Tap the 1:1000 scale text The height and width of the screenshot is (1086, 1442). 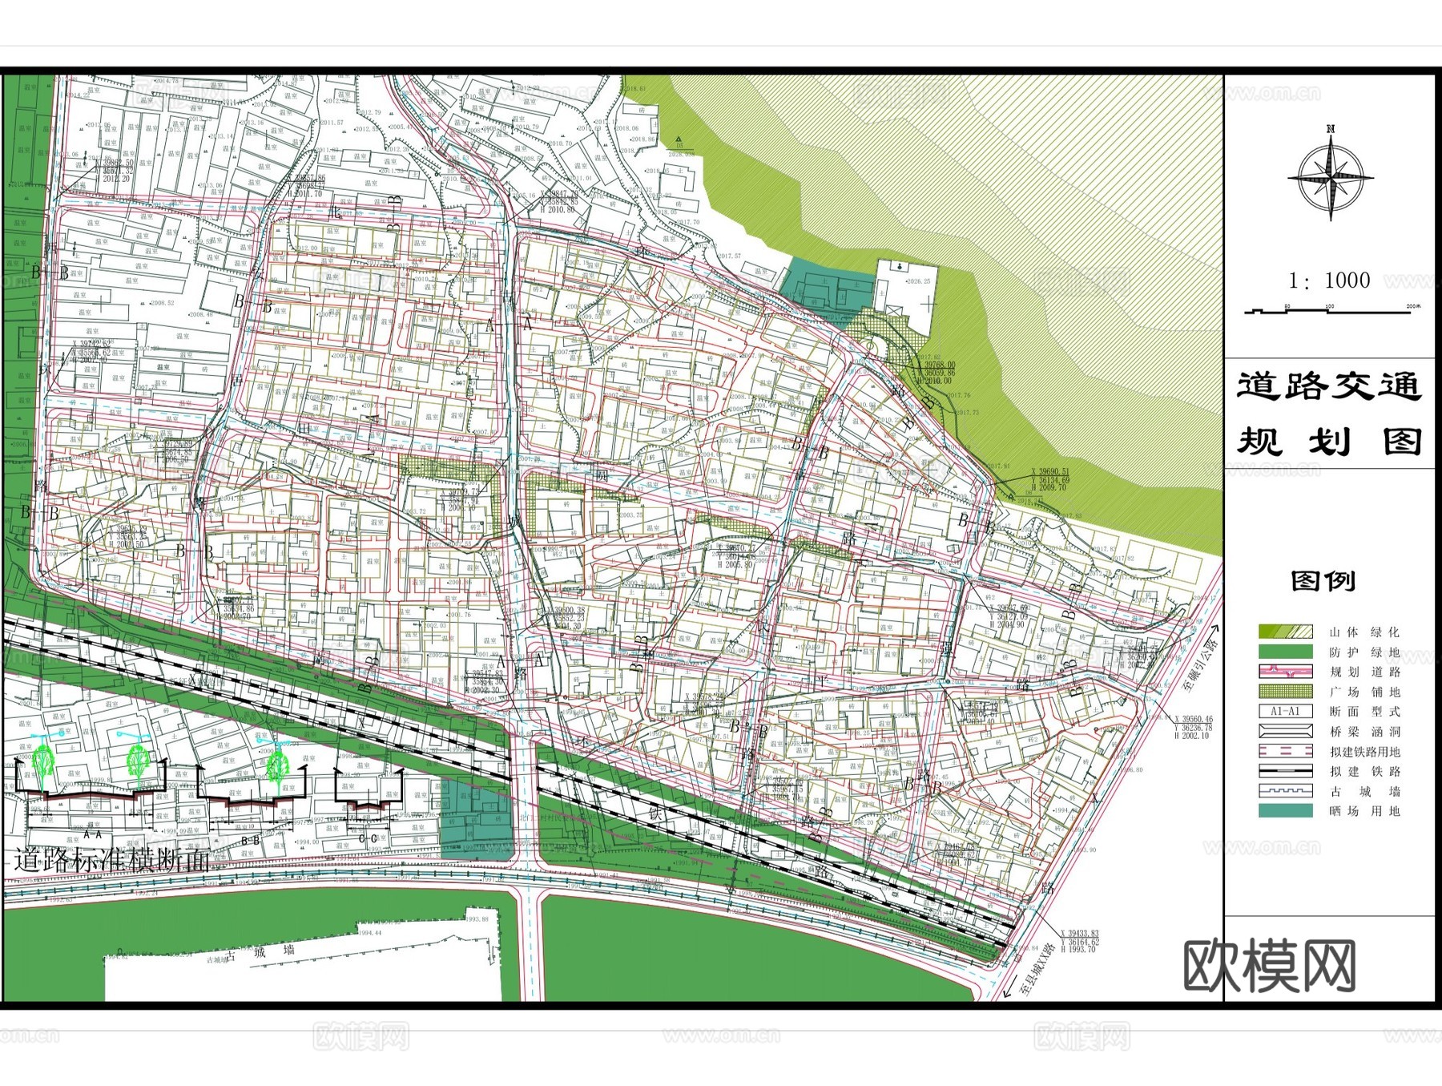1329,280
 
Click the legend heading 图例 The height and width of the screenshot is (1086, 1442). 1323,580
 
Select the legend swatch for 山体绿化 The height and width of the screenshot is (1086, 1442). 1285,632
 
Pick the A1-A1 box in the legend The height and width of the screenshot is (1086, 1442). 1285,711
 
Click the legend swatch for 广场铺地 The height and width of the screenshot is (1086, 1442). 1285,692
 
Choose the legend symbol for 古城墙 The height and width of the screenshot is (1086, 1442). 1285,791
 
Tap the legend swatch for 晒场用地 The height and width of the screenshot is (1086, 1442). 1285,811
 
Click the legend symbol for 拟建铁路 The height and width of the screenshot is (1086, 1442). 1285,771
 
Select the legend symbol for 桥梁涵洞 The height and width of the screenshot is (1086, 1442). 1285,731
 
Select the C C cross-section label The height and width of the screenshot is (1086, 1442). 369,839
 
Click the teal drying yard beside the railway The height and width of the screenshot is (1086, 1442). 476,821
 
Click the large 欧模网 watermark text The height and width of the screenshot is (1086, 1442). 1270,967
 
